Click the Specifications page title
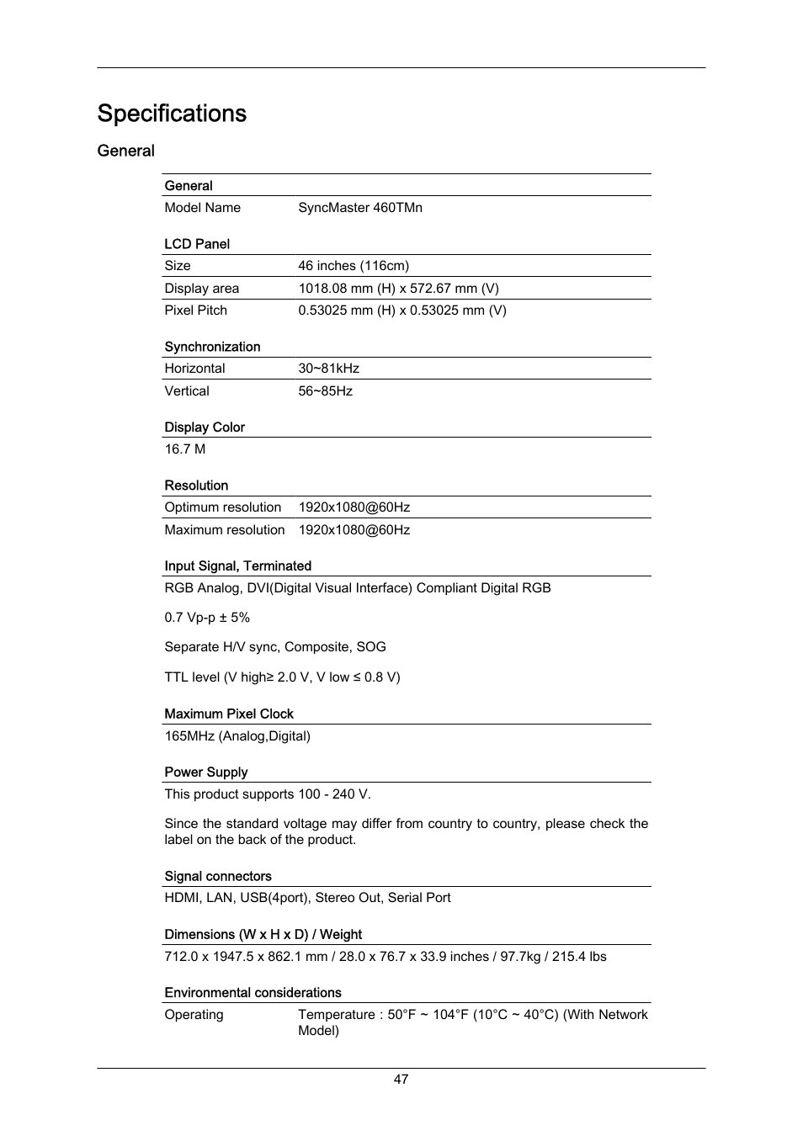pos(172,114)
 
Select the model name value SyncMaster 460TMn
pos(360,208)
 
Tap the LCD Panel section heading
pos(197,244)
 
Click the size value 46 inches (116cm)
pos(354,266)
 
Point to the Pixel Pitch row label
pos(195,311)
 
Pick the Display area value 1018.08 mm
pos(398,289)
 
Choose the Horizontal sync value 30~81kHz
pos(328,369)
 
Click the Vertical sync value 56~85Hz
pos(325,391)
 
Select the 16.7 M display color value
pos(185,449)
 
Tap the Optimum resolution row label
pos(223,507)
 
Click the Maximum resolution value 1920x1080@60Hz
pos(354,530)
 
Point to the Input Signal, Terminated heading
pos(238,566)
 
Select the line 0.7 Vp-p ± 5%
pos(207,618)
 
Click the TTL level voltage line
pos(282,677)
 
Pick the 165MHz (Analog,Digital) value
pos(237,736)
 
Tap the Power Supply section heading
pos(206,772)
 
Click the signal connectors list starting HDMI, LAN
pos(307,898)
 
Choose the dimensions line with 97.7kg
pos(385,957)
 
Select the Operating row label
pos(194,1015)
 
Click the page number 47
pos(401,1080)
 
